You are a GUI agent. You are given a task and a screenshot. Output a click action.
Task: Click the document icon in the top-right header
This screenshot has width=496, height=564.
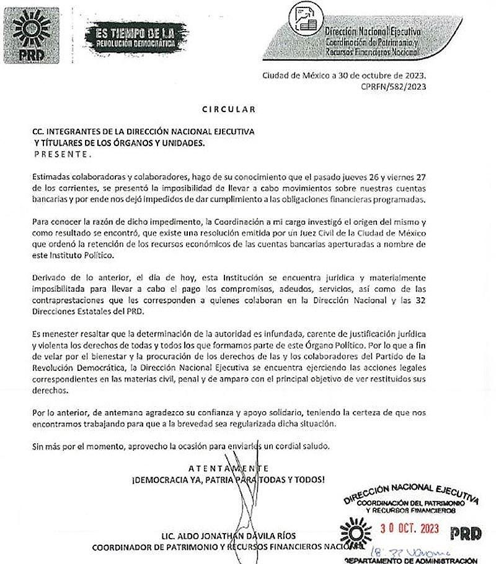pos(304,18)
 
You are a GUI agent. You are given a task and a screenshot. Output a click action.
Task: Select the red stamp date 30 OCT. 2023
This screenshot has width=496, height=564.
pos(412,530)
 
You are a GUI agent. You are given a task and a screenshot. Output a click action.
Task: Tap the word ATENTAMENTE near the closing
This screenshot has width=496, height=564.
pos(229,468)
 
